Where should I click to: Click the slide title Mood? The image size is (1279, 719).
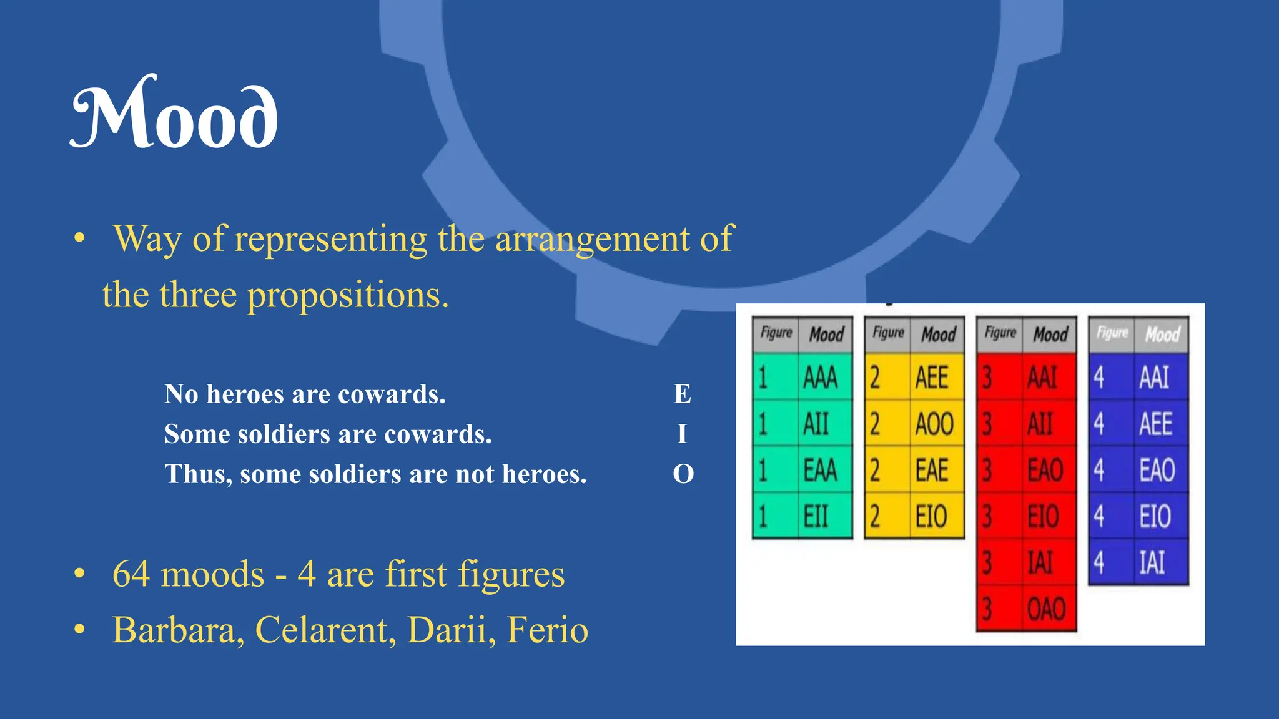[x=174, y=114]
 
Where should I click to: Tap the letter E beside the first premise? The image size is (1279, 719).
[x=682, y=394]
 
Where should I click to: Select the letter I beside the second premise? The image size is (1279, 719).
[x=682, y=434]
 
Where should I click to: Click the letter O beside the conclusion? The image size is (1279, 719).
[x=683, y=474]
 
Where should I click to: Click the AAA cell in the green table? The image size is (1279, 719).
[x=820, y=378]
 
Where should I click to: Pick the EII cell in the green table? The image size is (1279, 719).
[x=816, y=517]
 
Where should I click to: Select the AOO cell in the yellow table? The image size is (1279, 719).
[x=934, y=424]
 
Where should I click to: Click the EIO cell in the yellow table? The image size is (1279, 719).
[x=931, y=517]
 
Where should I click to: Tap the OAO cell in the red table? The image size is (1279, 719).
[x=1046, y=609]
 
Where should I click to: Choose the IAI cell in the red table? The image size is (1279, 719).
[x=1040, y=562]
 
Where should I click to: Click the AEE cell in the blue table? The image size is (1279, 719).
[x=1155, y=424]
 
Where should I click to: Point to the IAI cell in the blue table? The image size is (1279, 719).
[x=1152, y=562]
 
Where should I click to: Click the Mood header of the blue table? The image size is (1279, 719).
[x=1162, y=335]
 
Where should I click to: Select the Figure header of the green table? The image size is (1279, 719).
[x=776, y=333]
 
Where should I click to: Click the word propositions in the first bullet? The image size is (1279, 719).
[x=348, y=295]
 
